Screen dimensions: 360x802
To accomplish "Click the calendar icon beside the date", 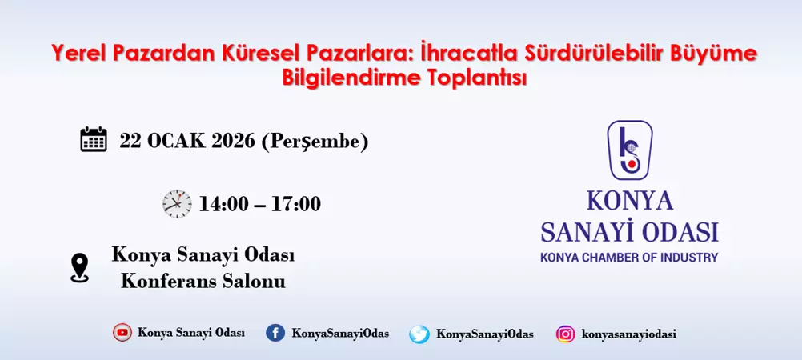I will coord(94,139).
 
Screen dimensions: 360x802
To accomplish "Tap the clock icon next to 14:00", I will coord(177,203).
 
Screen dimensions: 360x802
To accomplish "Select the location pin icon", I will coord(79,268).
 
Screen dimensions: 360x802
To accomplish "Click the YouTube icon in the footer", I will coord(122,333).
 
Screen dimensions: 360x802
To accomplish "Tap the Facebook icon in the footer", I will coord(275,333).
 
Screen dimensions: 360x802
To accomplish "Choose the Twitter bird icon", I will coord(419,334).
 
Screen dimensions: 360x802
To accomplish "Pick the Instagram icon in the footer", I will coord(565,334).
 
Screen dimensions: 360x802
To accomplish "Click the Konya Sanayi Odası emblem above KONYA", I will coord(629,150).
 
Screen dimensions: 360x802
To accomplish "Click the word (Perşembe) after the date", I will coord(315,142).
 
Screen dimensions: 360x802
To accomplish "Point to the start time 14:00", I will coord(224,204).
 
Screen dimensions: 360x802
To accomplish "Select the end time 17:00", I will coord(295,204).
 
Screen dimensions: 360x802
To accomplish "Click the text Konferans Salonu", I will coord(203,281).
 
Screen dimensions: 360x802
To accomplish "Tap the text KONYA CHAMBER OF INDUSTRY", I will coord(629,258).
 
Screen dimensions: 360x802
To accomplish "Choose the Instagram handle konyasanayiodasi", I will coord(629,334).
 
